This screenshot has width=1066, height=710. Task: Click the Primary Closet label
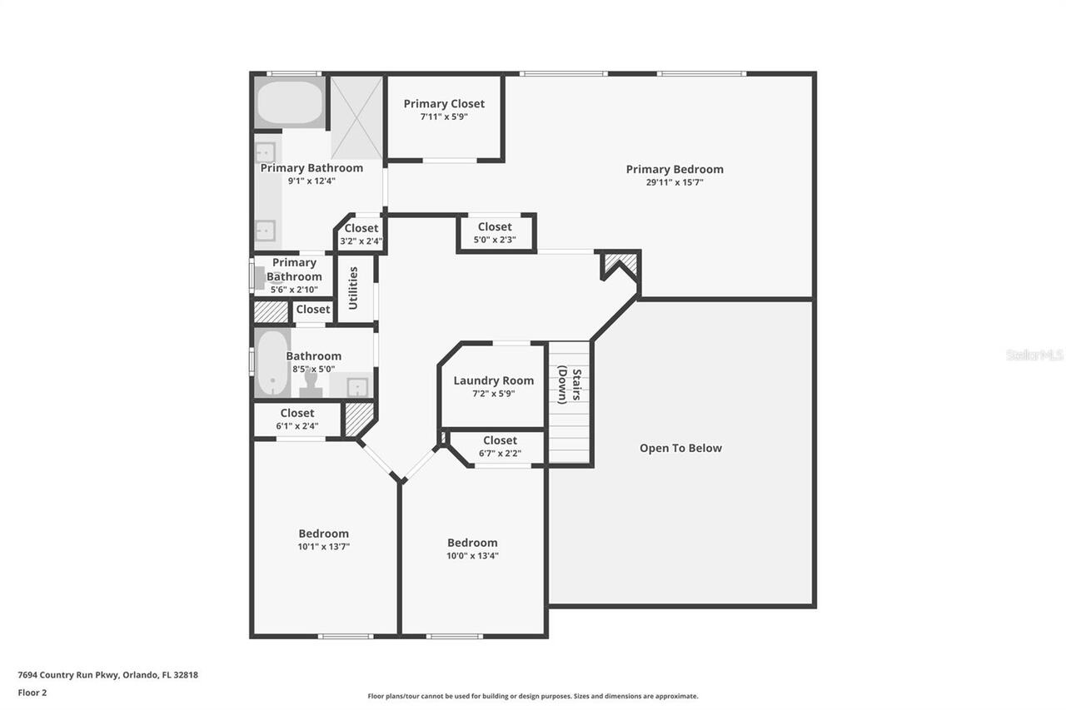point(444,104)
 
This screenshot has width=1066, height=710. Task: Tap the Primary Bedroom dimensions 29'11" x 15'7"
point(675,182)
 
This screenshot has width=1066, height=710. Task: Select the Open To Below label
point(680,448)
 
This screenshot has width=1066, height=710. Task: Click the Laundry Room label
point(493,381)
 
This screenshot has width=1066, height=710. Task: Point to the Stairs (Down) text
point(568,385)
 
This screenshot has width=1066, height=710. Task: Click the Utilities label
point(354,288)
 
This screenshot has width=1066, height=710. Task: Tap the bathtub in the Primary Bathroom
point(289,102)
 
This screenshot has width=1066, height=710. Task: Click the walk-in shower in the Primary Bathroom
point(357,117)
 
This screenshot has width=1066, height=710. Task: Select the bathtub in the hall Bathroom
point(271,365)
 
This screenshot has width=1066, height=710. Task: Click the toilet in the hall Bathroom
point(312,384)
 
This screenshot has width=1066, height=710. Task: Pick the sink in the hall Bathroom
point(356,386)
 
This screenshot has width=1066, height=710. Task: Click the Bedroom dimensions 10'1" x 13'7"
point(324,547)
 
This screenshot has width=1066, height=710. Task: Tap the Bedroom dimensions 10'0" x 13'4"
point(472,556)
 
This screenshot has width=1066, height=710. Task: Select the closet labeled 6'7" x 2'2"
point(500,446)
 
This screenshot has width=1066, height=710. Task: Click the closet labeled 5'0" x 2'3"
point(495,232)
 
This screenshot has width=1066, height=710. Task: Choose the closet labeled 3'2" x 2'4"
point(361,234)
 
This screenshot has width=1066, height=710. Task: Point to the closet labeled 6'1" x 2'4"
point(297,419)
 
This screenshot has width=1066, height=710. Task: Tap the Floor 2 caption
point(32,692)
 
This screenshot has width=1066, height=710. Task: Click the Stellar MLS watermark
point(1034,355)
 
